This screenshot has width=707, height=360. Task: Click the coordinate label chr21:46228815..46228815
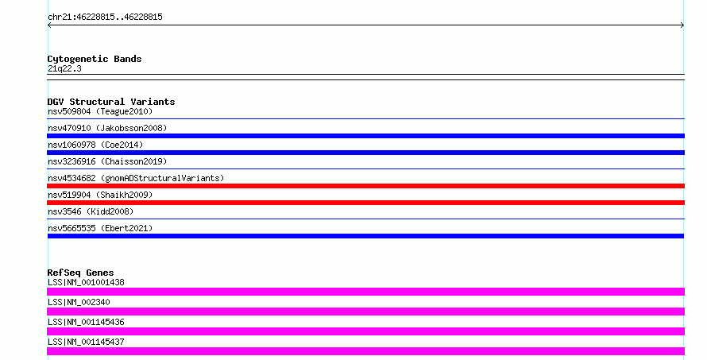coord(105,17)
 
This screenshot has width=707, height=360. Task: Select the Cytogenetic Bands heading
coord(95,59)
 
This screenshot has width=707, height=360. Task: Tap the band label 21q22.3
coord(64,68)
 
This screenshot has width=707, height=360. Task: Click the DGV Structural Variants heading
coord(111,102)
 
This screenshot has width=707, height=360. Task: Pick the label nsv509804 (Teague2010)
coord(100,111)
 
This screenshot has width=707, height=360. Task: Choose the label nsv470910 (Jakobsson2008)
coord(107,128)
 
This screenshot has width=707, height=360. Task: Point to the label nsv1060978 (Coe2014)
coord(95,145)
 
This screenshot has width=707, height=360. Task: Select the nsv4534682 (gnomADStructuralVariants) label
coord(136,178)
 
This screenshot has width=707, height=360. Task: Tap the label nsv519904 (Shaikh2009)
coord(100,195)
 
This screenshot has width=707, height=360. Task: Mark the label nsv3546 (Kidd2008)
coord(91,211)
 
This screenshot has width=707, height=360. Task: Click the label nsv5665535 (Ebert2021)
coord(100,228)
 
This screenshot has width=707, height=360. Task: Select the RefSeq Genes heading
coord(80,273)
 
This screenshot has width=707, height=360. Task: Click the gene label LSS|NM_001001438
coord(86,282)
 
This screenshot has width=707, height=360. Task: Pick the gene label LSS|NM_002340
coord(79,302)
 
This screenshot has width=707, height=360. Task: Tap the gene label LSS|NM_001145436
coord(86,322)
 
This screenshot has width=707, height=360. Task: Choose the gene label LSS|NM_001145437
coord(86,342)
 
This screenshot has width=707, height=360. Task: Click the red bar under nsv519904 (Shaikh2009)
coord(365,203)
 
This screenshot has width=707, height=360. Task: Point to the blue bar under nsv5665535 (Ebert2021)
coord(365,236)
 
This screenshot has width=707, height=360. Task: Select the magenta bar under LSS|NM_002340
coord(365,312)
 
